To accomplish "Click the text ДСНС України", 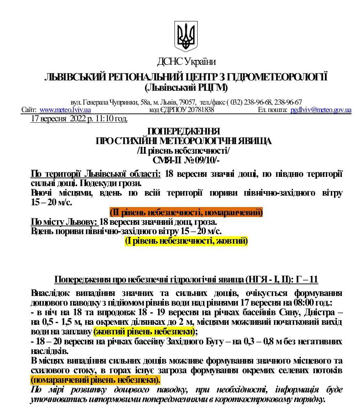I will point(186,62).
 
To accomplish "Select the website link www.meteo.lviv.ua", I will point(65,110).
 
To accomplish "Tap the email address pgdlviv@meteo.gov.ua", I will point(320,110).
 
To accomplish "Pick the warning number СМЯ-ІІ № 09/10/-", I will point(186,160).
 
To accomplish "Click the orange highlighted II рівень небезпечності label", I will point(186,213).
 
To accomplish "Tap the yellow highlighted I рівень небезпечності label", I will point(186,241).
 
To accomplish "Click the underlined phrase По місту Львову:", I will point(64,222).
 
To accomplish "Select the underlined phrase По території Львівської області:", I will point(96,174).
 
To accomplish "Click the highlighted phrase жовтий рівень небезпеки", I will point(145,332).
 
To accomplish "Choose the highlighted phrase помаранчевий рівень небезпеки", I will point(95,380).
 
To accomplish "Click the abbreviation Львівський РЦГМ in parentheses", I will point(186,87).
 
